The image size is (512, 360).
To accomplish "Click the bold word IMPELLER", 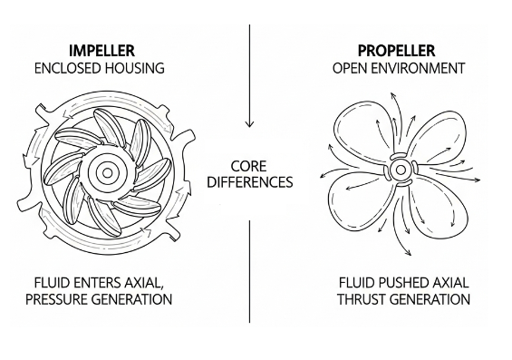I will tap(101, 50).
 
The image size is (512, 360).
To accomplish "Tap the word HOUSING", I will tap(138, 67).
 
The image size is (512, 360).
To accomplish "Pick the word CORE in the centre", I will tap(248, 166).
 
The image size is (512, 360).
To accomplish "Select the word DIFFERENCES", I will tap(249, 182).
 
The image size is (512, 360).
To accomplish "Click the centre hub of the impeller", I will tap(107, 171).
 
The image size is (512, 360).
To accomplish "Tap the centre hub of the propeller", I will tap(399, 170).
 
